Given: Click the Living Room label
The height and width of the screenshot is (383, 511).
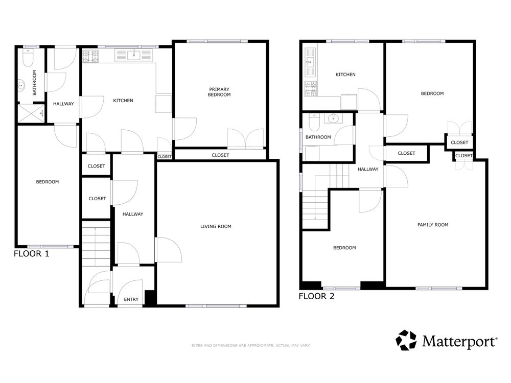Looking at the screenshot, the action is click(216, 226).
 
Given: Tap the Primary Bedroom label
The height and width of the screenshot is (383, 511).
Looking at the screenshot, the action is click(219, 92).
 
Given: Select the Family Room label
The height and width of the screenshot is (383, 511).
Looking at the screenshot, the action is click(433, 225).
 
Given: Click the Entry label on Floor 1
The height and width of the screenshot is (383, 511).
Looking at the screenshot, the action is click(131, 299).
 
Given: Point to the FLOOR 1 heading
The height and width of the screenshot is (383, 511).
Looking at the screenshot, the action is click(31, 254).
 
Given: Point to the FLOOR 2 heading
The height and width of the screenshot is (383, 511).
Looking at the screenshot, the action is click(316, 296).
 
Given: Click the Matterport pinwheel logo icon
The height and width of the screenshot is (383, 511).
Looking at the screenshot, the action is click(406, 340).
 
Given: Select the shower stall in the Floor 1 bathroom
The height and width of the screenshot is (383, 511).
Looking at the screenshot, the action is click(31, 113).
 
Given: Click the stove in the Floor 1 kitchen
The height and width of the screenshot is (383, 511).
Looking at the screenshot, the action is click(90, 56).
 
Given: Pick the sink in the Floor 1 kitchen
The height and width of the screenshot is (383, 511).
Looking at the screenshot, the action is click(133, 55).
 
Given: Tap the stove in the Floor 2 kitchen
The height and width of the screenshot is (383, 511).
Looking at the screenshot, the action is click(310, 89).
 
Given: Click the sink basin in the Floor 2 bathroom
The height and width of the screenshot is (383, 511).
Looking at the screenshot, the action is click(333, 118).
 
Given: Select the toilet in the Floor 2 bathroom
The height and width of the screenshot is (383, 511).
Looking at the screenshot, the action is click(314, 122).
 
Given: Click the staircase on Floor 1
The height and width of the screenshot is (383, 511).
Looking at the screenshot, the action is click(96, 244).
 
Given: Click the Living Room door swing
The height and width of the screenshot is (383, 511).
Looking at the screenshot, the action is click(169, 250).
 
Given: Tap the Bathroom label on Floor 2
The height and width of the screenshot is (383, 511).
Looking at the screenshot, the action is click(318, 137).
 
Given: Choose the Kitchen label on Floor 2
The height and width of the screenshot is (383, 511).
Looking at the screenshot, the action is click(345, 75).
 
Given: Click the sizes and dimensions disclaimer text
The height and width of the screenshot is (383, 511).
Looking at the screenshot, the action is click(251, 346).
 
